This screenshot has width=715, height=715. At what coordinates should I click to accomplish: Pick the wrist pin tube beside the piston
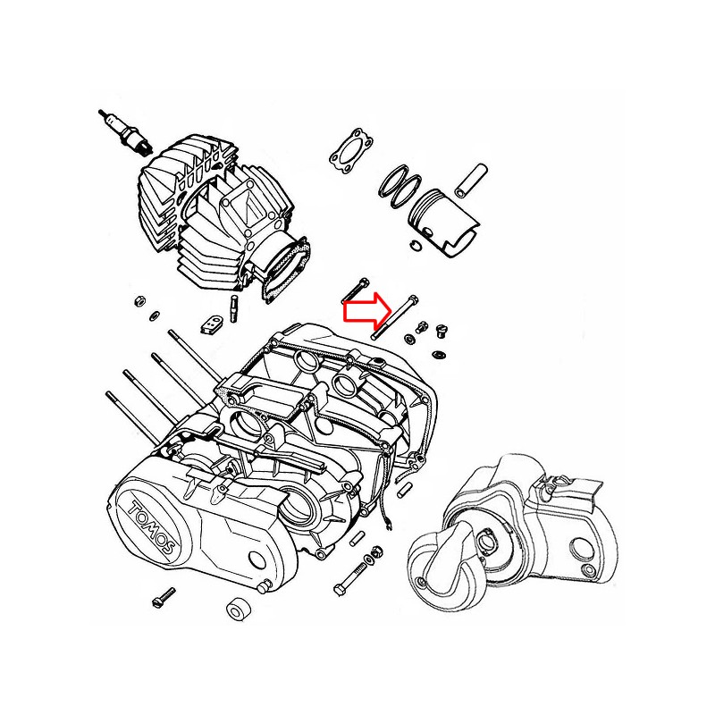click(471, 181)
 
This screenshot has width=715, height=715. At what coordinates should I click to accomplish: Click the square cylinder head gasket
click(351, 152)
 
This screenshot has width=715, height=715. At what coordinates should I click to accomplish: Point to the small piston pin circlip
click(415, 244)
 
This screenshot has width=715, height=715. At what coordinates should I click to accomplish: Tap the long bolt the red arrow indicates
click(395, 317)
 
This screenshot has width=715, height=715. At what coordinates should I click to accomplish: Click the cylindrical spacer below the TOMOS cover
click(238, 609)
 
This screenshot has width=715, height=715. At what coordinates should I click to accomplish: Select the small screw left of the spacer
click(164, 597)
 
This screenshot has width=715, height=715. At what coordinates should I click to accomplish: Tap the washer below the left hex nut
click(155, 315)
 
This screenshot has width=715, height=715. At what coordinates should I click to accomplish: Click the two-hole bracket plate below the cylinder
click(211, 324)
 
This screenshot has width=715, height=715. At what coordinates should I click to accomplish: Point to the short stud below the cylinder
click(234, 308)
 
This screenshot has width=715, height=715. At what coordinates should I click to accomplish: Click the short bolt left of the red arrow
click(355, 290)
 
